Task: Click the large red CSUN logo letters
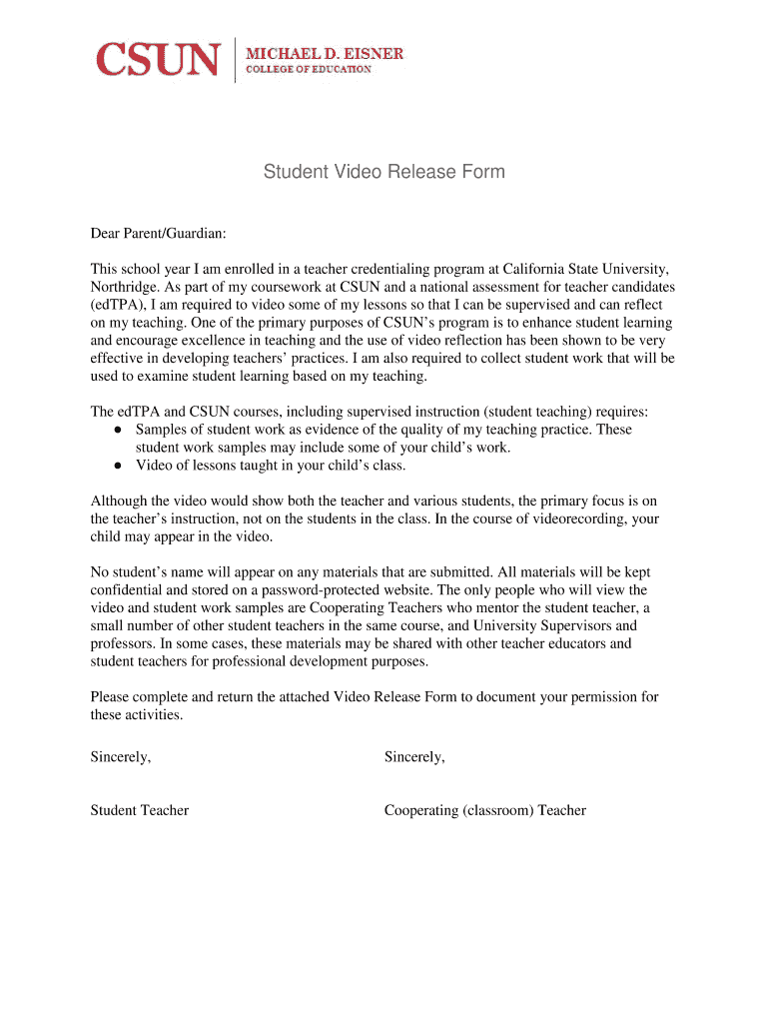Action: pos(157,59)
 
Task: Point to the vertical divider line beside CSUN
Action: pos(235,59)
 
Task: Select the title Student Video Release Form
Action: pos(384,172)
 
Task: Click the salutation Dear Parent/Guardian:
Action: pos(158,234)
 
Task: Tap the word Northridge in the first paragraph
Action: pos(126,287)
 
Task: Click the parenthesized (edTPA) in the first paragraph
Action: pos(119,305)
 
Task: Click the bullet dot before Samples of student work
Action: pos(118,430)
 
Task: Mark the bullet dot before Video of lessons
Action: pos(118,466)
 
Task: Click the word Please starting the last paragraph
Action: pos(111,697)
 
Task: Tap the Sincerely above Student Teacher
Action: pos(121,757)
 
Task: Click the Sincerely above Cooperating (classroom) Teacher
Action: pos(414,757)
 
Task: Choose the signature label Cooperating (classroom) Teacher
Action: pos(484,810)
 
